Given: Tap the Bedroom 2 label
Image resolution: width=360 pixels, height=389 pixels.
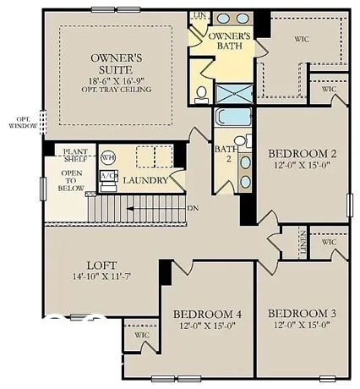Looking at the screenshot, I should pos(303,153).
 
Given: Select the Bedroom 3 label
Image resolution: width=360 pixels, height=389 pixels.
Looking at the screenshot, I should pos(303,313).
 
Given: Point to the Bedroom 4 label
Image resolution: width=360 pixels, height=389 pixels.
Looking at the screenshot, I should pos(207,314).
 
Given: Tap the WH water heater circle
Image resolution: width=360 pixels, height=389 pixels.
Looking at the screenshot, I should pos(108,158).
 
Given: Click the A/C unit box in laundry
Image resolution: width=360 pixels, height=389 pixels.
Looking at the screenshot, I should pos(108,176).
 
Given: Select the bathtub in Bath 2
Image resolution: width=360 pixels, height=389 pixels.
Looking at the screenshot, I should pos(229,116).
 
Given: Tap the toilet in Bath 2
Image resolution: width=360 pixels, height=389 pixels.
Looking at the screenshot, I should pos(240,142).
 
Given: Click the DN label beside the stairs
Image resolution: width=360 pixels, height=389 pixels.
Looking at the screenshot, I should pos(193,208).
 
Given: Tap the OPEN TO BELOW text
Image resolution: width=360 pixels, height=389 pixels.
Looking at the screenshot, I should pos(71,181).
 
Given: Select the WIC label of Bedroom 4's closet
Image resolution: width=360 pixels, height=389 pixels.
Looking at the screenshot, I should pos(141,334).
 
